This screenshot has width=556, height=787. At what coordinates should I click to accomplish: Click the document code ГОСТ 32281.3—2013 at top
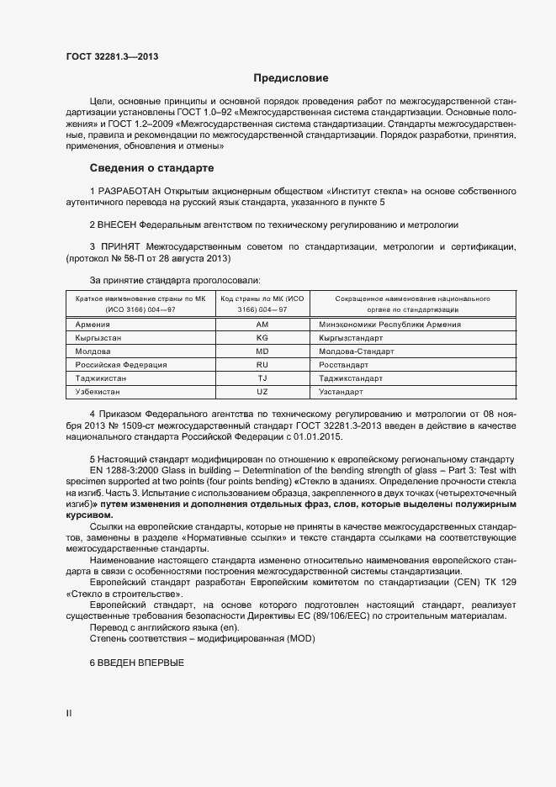click(112, 56)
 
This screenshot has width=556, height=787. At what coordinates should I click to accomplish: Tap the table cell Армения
click(92, 324)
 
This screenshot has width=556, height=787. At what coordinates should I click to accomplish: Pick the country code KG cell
click(262, 337)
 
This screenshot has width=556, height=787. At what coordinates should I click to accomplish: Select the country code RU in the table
click(262, 364)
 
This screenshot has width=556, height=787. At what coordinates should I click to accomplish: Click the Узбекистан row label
click(98, 392)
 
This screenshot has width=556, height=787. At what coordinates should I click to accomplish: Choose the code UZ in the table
click(262, 392)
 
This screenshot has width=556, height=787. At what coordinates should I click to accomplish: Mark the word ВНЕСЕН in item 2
click(116, 225)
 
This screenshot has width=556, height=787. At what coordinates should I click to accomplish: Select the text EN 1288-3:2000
click(123, 468)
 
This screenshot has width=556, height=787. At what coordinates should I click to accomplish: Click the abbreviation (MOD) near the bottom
click(299, 639)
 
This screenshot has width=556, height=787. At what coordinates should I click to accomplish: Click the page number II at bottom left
click(69, 713)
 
